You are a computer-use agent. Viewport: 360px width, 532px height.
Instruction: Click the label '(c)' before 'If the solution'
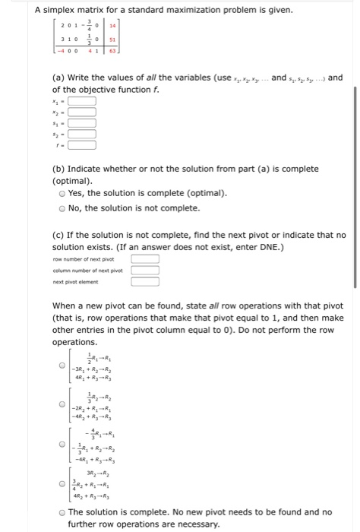pos(58,235)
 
